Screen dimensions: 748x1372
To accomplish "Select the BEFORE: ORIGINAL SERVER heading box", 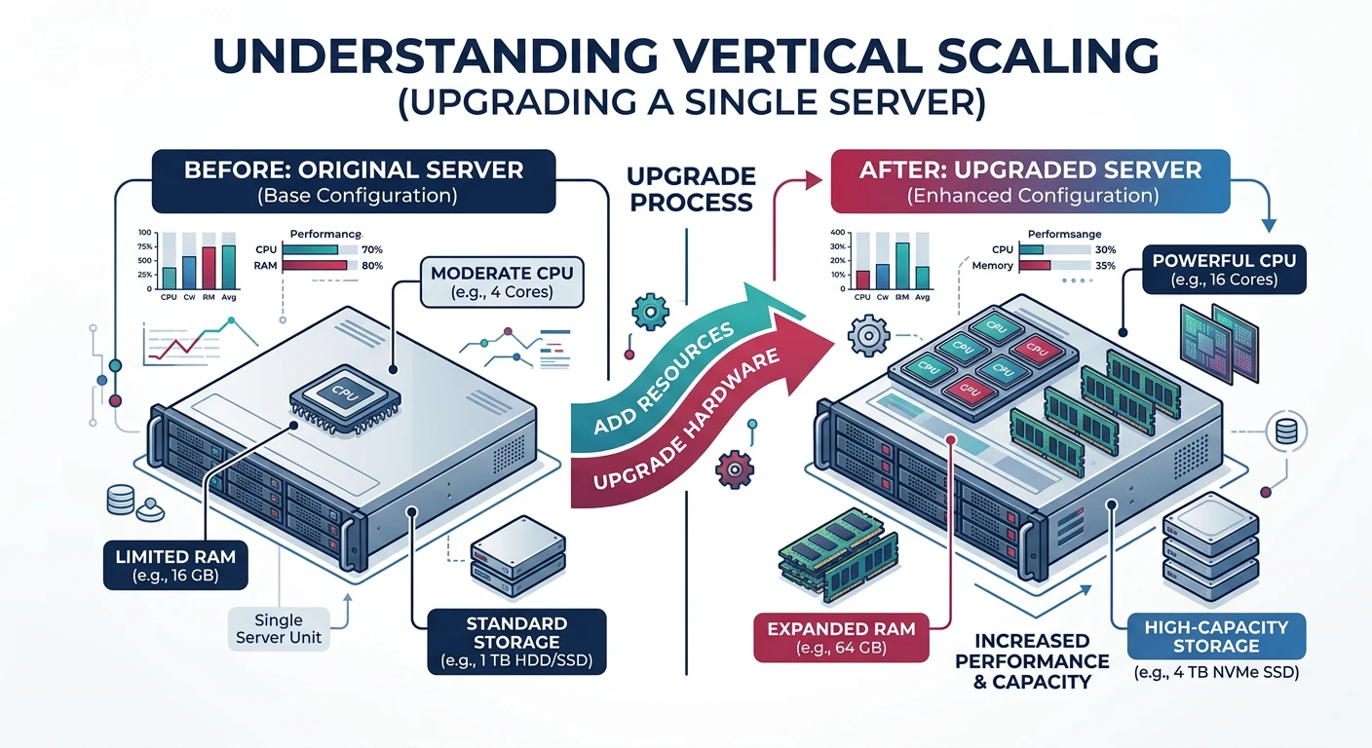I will [354, 181].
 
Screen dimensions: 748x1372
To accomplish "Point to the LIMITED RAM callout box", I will [175, 567].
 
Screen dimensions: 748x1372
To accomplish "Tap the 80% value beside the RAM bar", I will [371, 265].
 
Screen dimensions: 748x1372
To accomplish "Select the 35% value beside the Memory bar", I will [1104, 265].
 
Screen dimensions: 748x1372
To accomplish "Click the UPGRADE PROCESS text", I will [690, 189].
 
